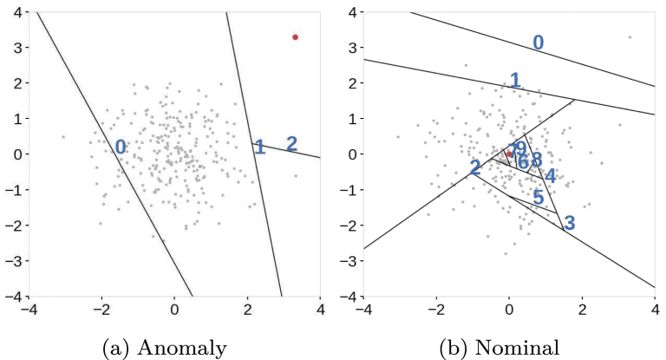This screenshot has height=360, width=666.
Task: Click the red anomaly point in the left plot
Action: [x=295, y=37]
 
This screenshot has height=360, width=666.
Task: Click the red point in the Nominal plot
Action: [x=509, y=154]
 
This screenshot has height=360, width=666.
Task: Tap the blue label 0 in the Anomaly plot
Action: [x=121, y=147]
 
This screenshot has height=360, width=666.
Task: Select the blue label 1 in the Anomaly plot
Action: [x=259, y=147]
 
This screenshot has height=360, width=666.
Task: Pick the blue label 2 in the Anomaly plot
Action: [x=291, y=144]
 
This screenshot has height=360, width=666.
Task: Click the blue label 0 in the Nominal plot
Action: [x=538, y=43]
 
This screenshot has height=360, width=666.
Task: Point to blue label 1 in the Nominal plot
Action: [x=515, y=81]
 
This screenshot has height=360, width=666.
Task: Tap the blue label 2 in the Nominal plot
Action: [x=475, y=168]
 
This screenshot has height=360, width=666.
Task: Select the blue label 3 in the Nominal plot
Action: [x=569, y=223]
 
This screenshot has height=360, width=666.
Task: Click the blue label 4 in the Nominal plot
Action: [x=550, y=175]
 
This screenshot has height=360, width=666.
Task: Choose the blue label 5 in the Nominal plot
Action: [x=538, y=198]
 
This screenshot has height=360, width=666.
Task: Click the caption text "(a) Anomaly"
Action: [x=165, y=349]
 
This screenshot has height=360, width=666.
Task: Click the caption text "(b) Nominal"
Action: [x=500, y=349]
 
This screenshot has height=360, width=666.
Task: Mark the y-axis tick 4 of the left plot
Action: [x=16, y=11]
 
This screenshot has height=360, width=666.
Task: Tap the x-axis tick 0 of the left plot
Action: [x=174, y=307]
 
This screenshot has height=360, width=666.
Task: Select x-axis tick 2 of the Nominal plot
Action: [x=582, y=307]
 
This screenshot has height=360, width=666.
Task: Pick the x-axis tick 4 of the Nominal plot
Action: [x=655, y=307]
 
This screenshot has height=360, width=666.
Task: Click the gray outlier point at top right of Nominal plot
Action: [x=630, y=37]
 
